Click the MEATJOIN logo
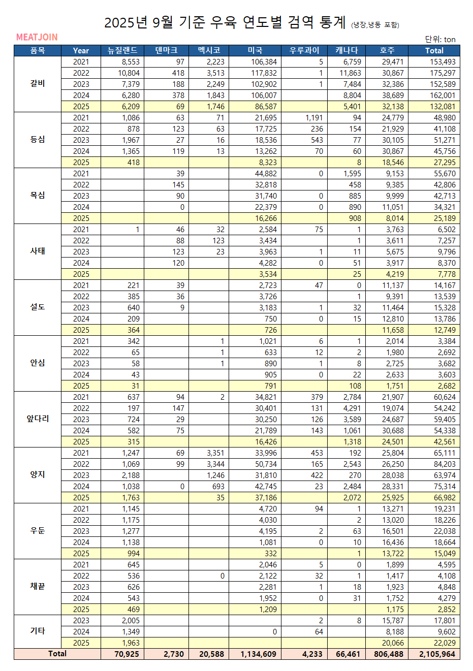pos(37,37)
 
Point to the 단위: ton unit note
pos(440,39)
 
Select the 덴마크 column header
pos(166,50)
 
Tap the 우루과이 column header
pos(304,50)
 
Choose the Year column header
pos(81,50)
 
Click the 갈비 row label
pos(38,83)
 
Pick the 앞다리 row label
pos(38,419)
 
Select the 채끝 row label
pos(38,586)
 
